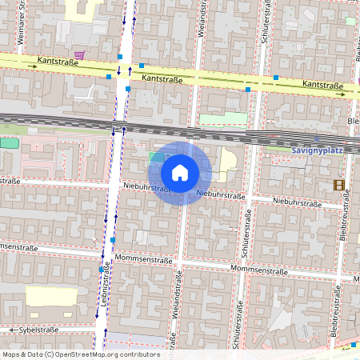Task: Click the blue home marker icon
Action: (180, 173)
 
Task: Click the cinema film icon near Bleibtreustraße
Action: (339, 185)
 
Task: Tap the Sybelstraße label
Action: (39, 330)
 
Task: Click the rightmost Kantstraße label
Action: (323, 85)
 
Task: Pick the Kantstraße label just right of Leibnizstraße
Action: (162, 79)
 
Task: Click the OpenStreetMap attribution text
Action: (80, 354)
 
